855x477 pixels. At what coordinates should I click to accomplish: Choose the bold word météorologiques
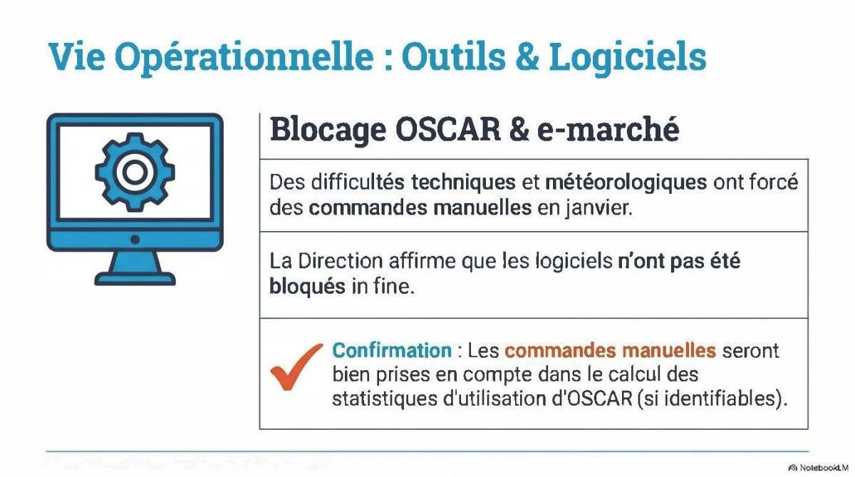click(x=626, y=183)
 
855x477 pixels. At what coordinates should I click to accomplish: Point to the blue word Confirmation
click(x=392, y=351)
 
